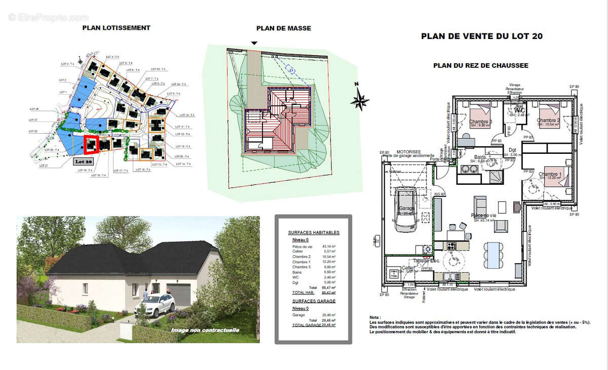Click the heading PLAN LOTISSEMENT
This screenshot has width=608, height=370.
[116, 28]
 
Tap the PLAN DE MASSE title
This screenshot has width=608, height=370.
[283, 28]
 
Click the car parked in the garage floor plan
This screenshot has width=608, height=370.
[405, 210]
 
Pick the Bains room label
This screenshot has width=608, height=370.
[481, 157]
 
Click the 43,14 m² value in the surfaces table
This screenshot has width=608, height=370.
[329, 246]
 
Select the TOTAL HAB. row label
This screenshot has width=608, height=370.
[303, 293]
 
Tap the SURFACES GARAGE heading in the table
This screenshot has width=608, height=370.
[314, 300]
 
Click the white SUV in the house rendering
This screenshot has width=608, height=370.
[154, 305]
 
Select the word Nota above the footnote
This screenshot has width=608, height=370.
[375, 317]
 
